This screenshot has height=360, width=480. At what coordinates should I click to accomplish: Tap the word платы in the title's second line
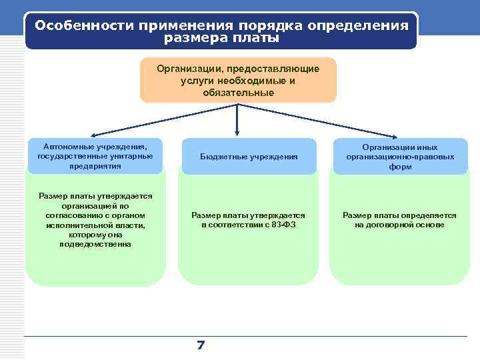(255, 38)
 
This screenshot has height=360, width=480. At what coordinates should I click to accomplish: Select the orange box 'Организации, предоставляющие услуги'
(238, 80)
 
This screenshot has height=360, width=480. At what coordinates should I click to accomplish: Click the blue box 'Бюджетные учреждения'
(248, 156)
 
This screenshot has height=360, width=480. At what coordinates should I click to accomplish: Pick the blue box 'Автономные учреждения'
(95, 155)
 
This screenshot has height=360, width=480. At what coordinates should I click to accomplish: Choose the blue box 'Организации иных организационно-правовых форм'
(399, 156)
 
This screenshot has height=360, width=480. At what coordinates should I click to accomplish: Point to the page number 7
(201, 345)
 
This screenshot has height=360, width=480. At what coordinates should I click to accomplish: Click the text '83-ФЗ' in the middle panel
(284, 225)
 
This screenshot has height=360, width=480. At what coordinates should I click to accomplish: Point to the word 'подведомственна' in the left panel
(95, 244)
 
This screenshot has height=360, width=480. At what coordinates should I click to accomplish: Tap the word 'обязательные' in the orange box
(238, 92)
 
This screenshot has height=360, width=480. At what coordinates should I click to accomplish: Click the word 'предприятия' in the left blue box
(95, 165)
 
